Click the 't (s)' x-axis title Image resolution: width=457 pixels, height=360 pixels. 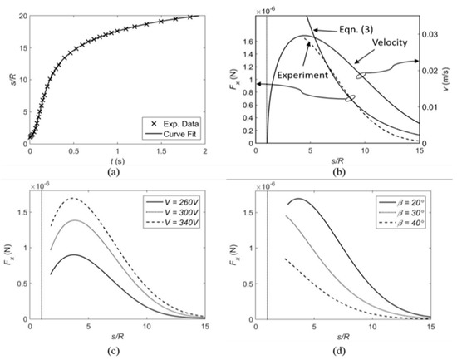tap(112, 160)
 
